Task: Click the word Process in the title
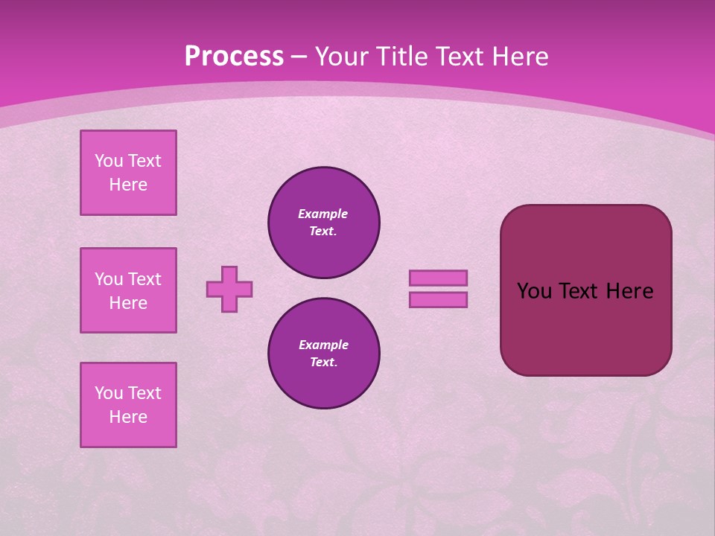tap(234, 57)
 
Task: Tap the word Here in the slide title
tap(518, 57)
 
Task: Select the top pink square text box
tap(128, 173)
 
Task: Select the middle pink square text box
tap(128, 290)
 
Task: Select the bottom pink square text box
tap(128, 405)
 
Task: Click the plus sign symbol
tap(229, 289)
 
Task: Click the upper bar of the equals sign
tap(438, 278)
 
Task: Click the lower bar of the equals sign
tap(438, 299)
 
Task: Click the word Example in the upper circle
tap(323, 214)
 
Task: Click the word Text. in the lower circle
tap(323, 363)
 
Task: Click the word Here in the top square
tap(128, 185)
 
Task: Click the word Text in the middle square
tap(144, 279)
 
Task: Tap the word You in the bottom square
tap(109, 393)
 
